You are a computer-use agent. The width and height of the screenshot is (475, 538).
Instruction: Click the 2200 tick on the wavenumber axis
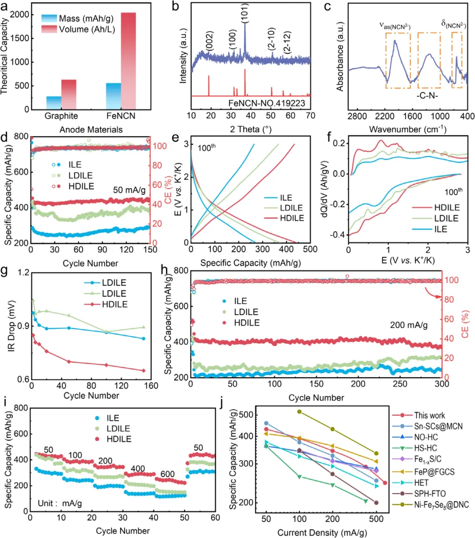click(385, 116)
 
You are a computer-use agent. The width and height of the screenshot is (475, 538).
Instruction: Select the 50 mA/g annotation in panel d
click(129, 190)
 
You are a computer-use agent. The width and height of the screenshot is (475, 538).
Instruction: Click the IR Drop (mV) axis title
click(12, 326)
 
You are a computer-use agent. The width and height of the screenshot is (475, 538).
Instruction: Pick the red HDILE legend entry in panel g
click(114, 305)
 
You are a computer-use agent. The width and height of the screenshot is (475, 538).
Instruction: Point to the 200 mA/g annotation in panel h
click(409, 325)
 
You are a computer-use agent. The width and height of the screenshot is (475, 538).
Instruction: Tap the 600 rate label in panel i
click(168, 474)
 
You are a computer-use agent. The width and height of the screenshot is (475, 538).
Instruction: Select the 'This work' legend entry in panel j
click(429, 415)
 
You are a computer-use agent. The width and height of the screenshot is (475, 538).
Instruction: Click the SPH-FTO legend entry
click(430, 494)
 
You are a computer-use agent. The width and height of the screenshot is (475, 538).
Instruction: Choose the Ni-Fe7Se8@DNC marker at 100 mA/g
click(300, 412)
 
